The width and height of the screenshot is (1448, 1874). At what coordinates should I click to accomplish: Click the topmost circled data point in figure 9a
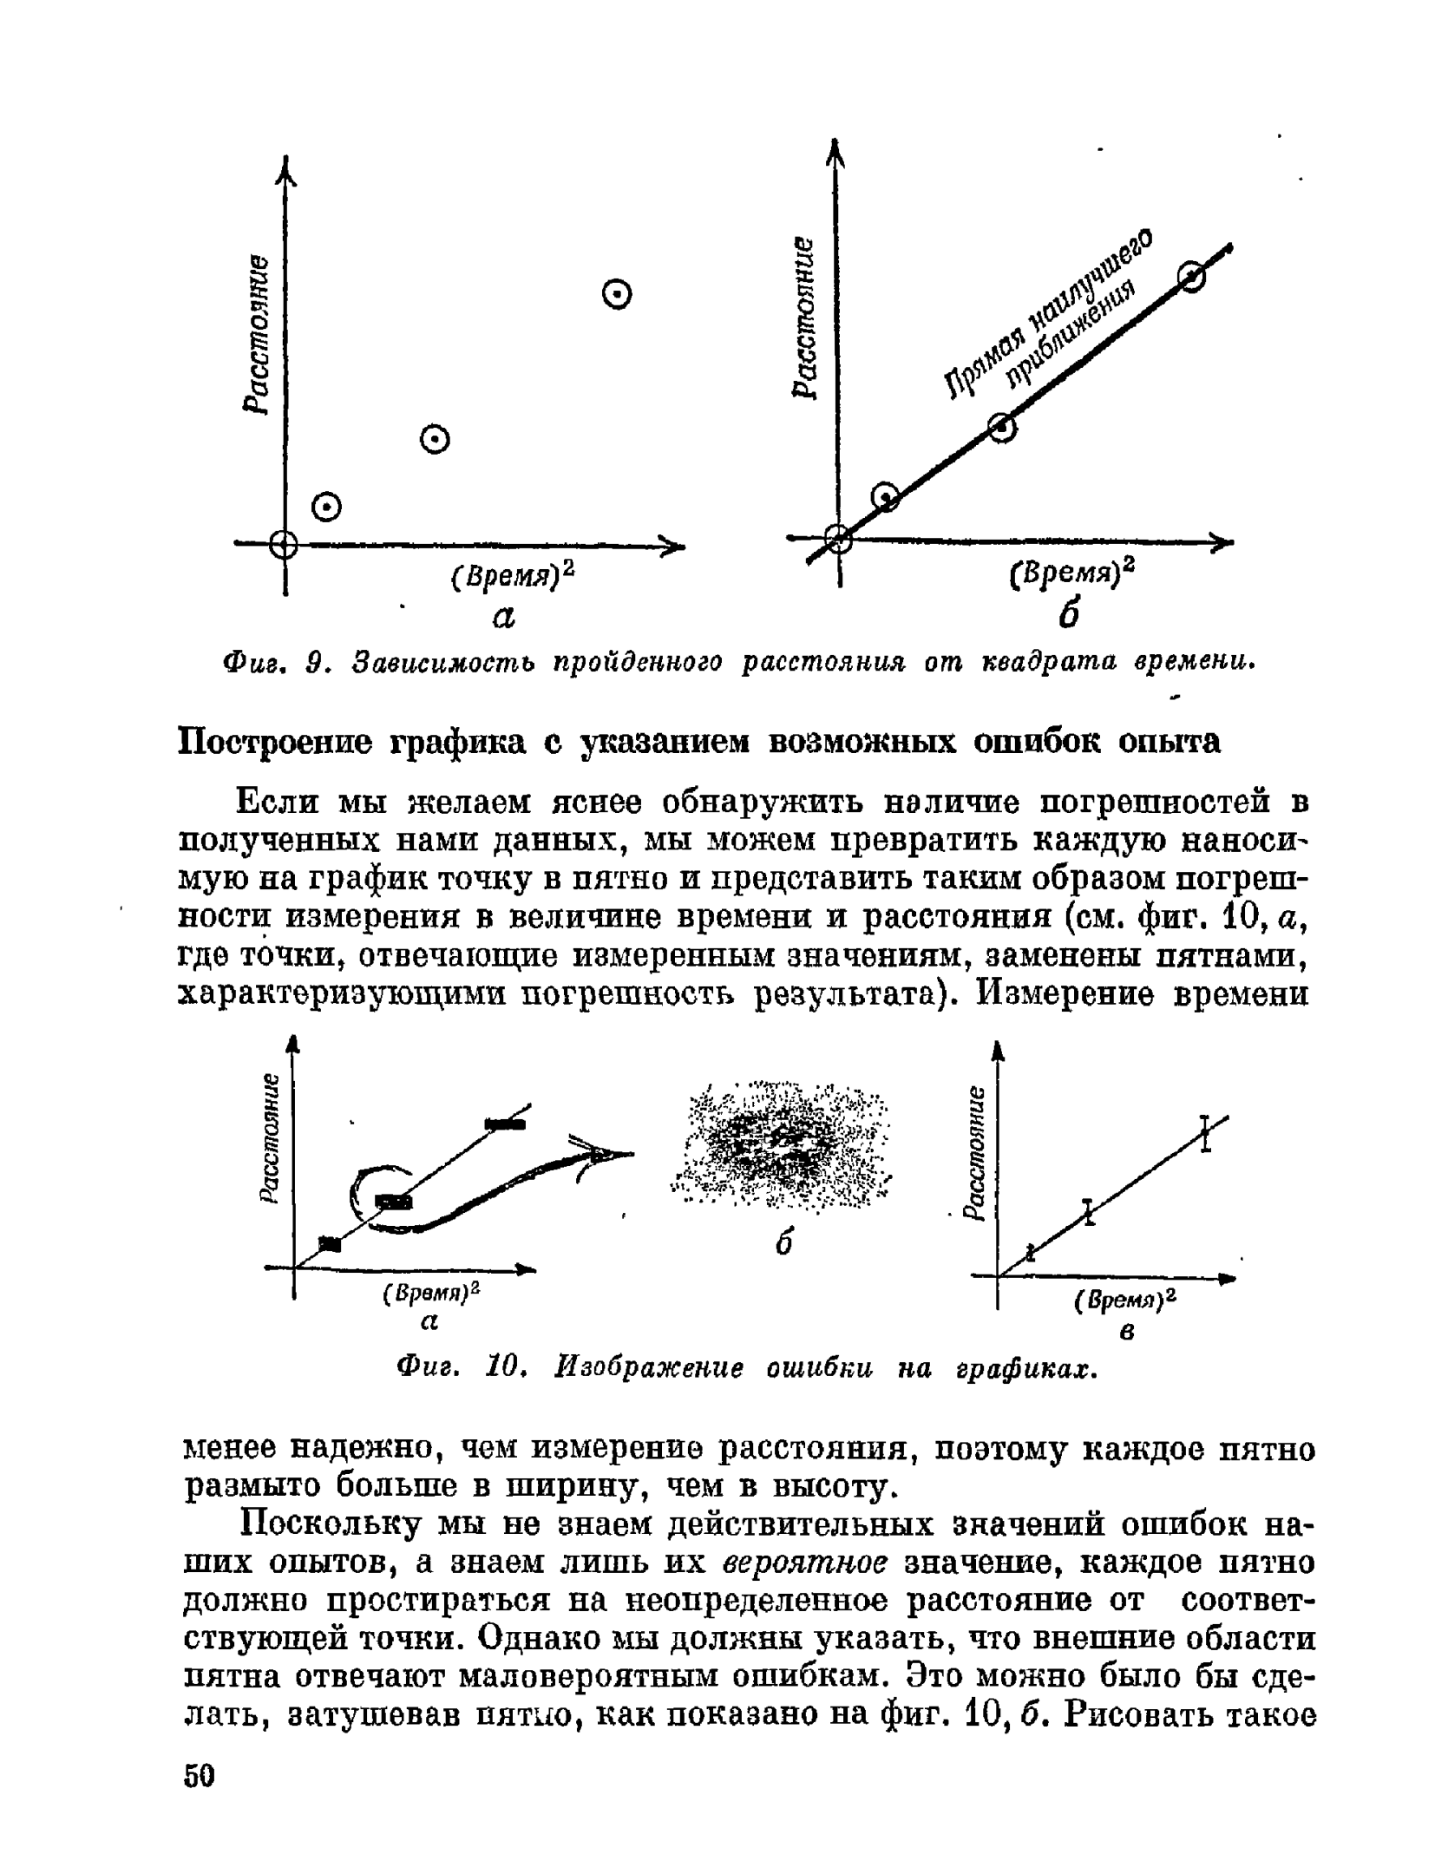point(616,296)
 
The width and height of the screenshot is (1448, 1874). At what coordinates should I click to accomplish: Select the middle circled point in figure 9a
point(435,441)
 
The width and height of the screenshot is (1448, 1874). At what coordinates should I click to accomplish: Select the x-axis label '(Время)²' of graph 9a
point(513,575)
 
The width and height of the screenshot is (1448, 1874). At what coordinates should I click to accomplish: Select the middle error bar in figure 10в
point(1088,1211)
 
